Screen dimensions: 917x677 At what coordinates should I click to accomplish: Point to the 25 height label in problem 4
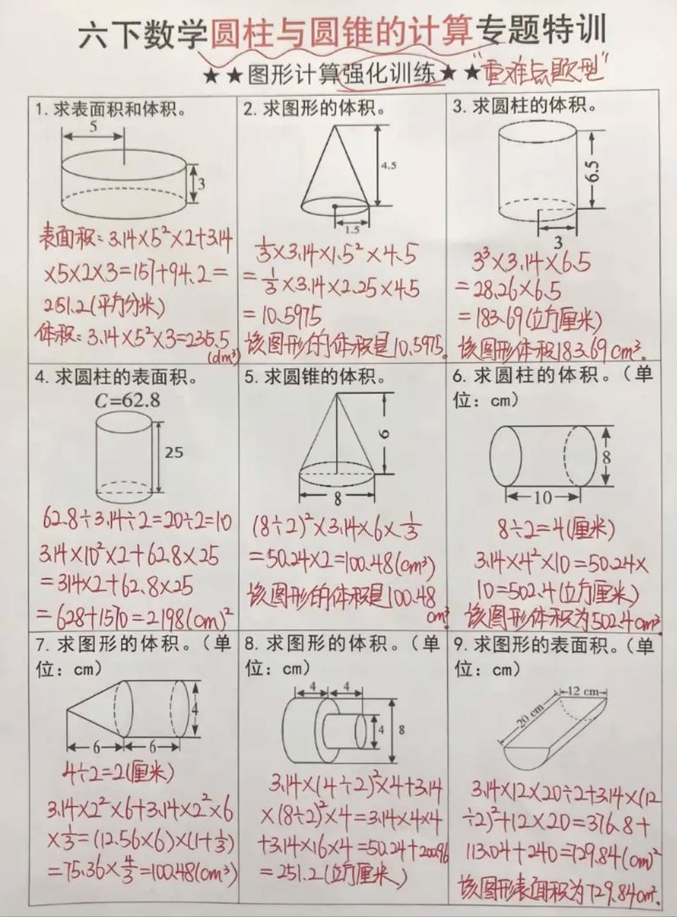tap(173, 453)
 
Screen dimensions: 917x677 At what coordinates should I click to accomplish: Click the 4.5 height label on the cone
tap(388, 166)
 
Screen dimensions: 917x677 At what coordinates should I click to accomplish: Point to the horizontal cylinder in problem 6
tap(543, 456)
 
